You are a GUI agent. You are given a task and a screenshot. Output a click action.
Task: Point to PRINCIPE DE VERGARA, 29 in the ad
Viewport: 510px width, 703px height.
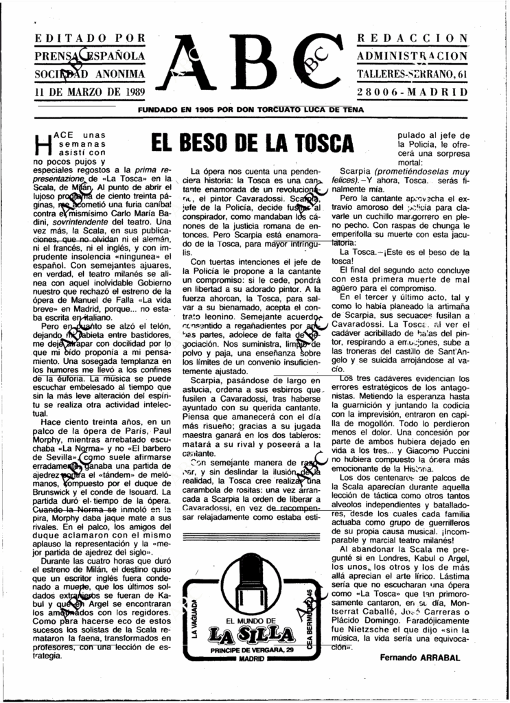[x=252, y=649]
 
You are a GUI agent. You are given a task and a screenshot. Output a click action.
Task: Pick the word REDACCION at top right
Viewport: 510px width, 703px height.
[x=413, y=37]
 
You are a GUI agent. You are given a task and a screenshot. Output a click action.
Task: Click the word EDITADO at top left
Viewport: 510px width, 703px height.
[x=63, y=37]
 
